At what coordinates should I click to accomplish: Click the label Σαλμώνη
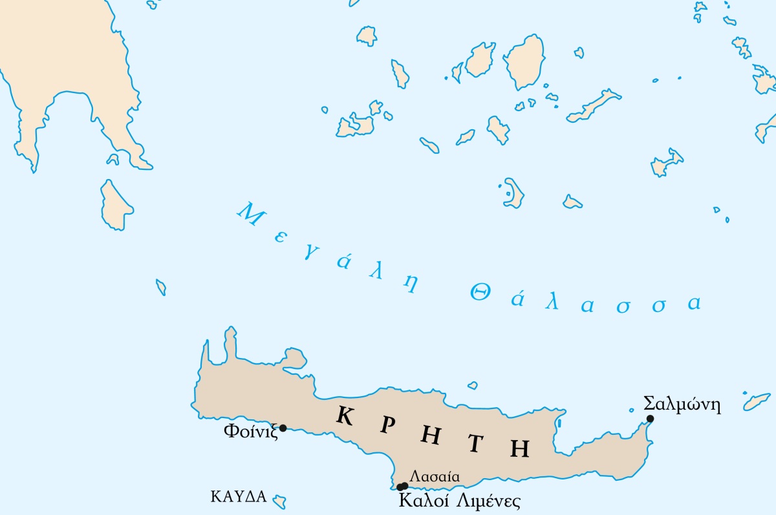pyautogui.click(x=682, y=405)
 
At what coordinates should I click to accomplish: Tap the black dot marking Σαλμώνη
pyautogui.click(x=650, y=419)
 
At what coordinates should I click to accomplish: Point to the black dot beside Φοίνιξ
pyautogui.click(x=283, y=428)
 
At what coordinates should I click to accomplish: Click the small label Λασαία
pyautogui.click(x=434, y=477)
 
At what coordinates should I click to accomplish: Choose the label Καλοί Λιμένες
pyautogui.click(x=460, y=499)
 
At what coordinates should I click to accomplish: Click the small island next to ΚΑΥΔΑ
pyautogui.click(x=279, y=501)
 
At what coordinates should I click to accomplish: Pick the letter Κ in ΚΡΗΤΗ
pyautogui.click(x=345, y=415)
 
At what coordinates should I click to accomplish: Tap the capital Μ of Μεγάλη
pyautogui.click(x=248, y=212)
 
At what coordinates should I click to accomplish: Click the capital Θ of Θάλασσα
pyautogui.click(x=478, y=293)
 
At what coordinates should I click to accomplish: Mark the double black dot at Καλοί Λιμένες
pyautogui.click(x=402, y=486)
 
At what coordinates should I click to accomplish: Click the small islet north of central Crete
pyautogui.click(x=473, y=386)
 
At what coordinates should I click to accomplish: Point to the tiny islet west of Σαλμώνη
pyautogui.click(x=632, y=410)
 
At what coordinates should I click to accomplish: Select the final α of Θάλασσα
pyautogui.click(x=693, y=304)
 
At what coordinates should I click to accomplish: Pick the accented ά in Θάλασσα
pyautogui.click(x=517, y=300)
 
